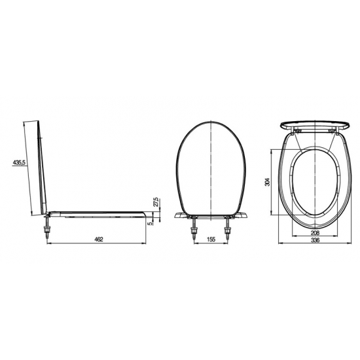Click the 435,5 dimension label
18,162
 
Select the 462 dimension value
99,239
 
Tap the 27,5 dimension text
156,202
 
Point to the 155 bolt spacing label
211,239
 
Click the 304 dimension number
268,182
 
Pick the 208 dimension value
315,233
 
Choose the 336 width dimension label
315,240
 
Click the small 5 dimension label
151,223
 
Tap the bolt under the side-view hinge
47,228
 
